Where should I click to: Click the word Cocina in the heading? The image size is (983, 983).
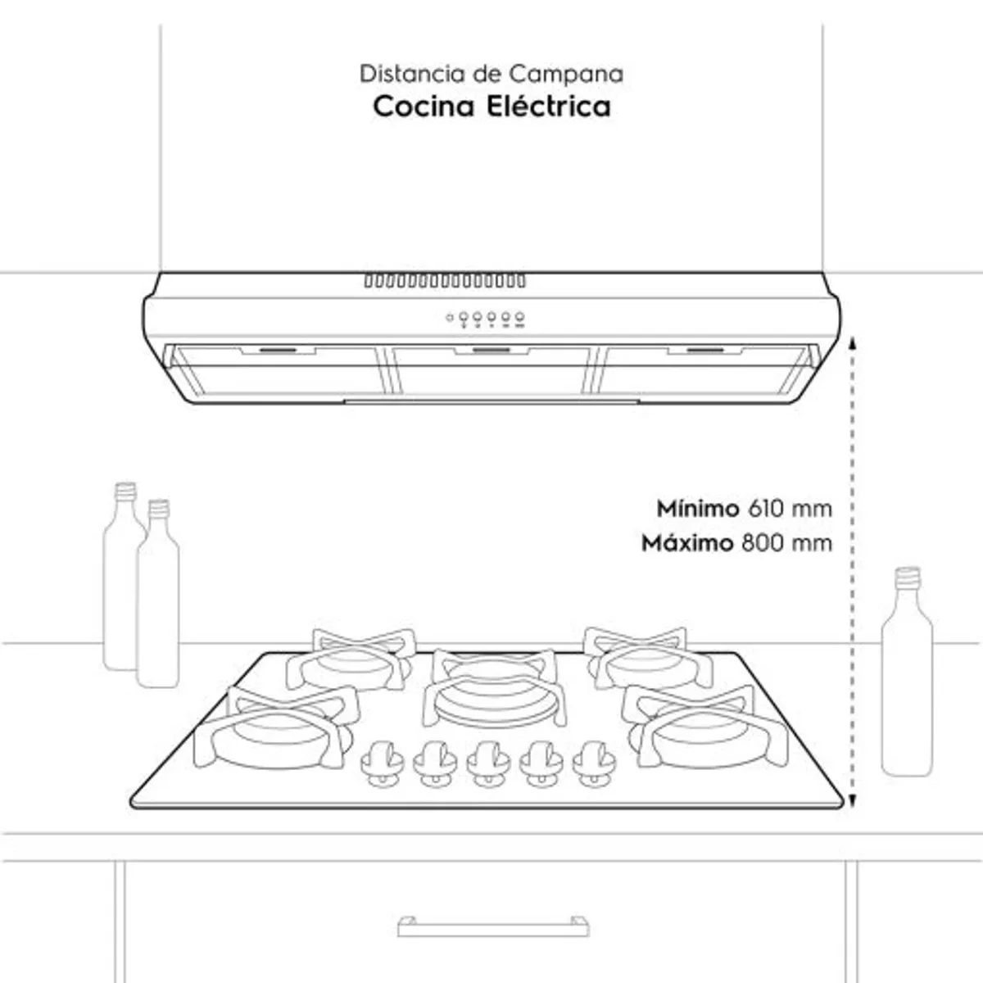point(423,106)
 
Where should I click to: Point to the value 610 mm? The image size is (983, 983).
point(790,509)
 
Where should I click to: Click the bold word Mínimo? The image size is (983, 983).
point(698,509)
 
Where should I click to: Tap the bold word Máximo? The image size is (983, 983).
point(687,543)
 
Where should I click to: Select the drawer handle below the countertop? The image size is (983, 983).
point(493,926)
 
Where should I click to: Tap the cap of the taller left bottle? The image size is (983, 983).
point(125,491)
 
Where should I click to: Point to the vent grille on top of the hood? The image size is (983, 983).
point(445,281)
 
